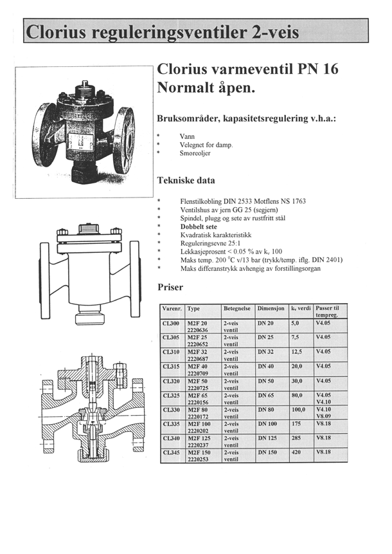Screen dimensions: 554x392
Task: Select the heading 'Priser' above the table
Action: (170, 288)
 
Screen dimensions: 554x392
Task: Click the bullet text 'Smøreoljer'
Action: (197, 154)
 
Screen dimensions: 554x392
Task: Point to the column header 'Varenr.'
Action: (171, 309)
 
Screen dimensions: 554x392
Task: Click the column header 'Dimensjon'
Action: (271, 309)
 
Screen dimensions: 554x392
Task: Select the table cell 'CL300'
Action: (171, 324)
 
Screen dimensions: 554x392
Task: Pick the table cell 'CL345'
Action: (171, 452)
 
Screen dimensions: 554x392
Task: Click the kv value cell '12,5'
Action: (297, 352)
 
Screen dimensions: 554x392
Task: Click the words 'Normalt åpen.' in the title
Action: (206, 88)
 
